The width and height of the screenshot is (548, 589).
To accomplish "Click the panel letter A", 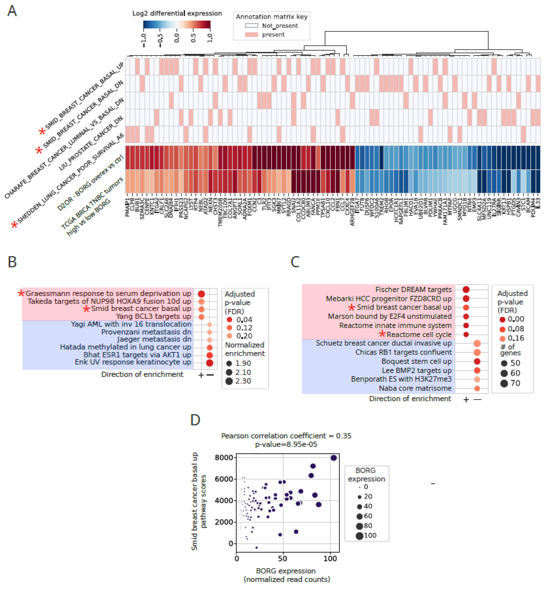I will pyautogui.click(x=12, y=11).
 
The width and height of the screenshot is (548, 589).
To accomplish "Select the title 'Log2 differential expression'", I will pyautogui.click(x=177, y=13).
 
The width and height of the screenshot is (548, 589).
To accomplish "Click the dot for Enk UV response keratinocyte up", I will pyautogui.click(x=210, y=363).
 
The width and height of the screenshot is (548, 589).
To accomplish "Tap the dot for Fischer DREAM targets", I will pyautogui.click(x=466, y=290).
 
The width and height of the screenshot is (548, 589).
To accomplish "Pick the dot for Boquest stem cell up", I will pyautogui.click(x=477, y=361).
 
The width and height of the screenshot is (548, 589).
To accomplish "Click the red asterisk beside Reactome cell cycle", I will pyautogui.click(x=382, y=334).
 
